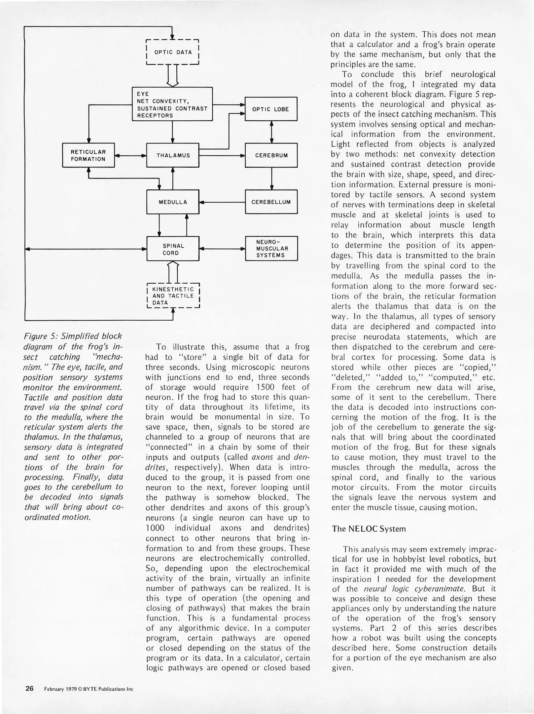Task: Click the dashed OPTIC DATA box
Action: point(172,52)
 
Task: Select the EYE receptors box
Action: point(172,104)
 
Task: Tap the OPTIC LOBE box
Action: point(271,109)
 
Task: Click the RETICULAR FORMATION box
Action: point(89,155)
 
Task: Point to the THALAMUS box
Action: point(173,155)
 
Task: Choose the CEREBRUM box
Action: point(271,155)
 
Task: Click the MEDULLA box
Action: point(173,202)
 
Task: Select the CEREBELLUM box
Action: point(271,202)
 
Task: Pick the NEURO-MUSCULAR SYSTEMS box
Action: point(271,249)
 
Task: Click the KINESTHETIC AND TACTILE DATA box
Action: point(173,296)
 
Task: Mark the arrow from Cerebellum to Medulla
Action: point(222,202)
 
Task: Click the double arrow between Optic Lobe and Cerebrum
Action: point(271,132)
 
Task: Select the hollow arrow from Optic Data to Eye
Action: point(173,75)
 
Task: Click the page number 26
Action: point(29,689)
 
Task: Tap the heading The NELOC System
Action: point(369,529)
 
